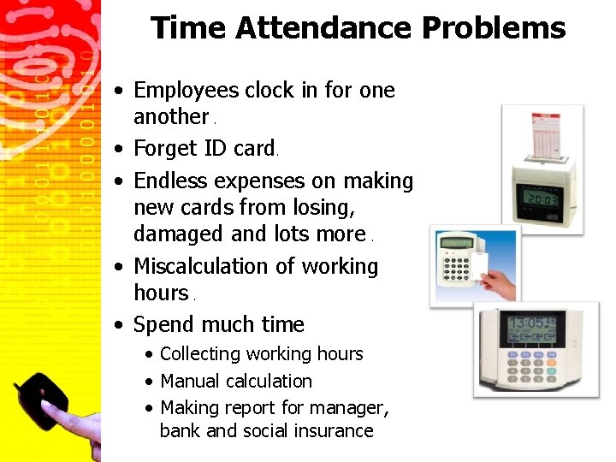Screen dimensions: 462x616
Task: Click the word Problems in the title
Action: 493,28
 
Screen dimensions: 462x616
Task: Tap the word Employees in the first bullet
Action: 187,90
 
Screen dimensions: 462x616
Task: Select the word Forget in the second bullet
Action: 166,148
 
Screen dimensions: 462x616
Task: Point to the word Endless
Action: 171,181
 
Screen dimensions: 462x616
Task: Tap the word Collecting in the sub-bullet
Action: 200,354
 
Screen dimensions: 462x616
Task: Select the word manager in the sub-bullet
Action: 352,407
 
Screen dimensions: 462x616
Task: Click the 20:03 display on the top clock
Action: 542,199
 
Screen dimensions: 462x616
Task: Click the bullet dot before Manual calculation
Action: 150,382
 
